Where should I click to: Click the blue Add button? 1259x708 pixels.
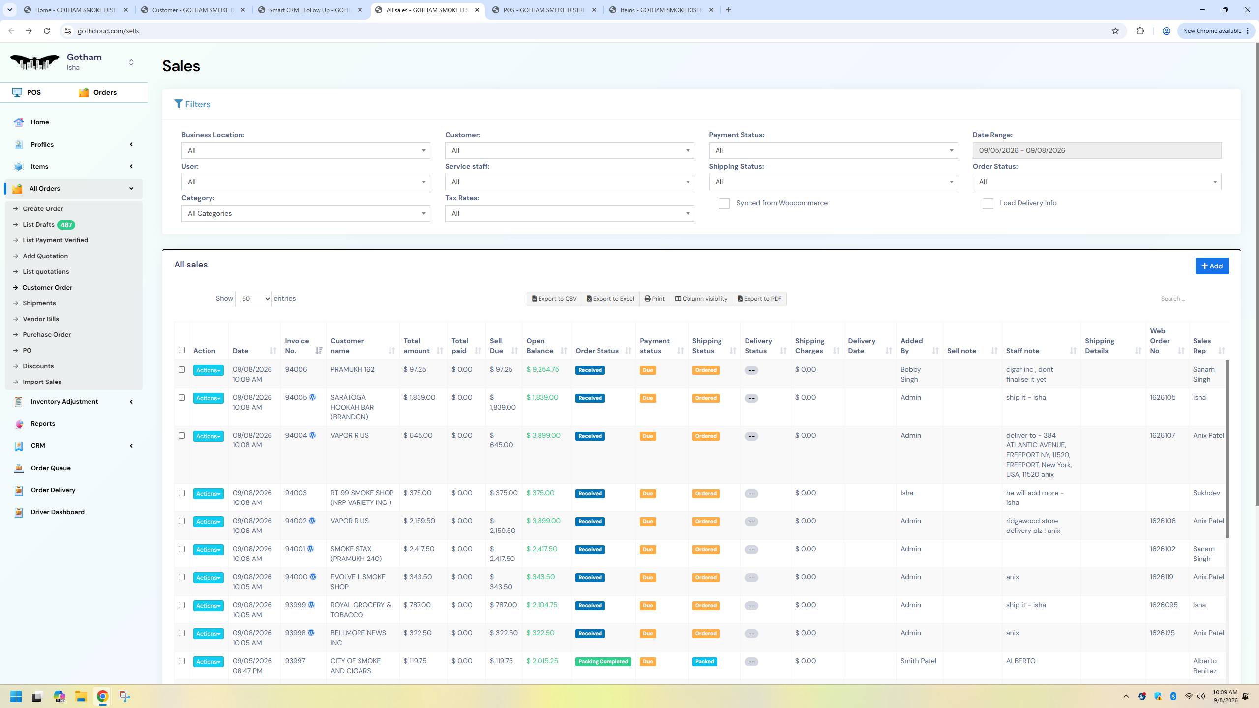click(1211, 266)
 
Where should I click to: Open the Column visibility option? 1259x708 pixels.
click(701, 299)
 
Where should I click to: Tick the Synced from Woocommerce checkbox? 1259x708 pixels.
click(724, 204)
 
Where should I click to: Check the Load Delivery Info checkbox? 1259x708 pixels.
click(988, 204)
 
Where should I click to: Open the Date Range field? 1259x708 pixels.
click(1096, 150)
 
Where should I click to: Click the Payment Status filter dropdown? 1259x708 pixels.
click(833, 150)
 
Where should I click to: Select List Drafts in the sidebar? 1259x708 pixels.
click(38, 225)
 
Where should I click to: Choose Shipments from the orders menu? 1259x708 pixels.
click(39, 303)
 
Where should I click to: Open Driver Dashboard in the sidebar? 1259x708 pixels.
click(58, 512)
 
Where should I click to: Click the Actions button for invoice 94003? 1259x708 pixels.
click(208, 494)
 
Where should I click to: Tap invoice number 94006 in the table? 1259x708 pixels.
click(296, 370)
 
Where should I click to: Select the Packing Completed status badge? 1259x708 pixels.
click(603, 662)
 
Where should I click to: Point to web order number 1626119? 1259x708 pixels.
click(1162, 577)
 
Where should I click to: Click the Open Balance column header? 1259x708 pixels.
click(540, 346)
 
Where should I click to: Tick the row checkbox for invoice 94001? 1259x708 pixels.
click(181, 549)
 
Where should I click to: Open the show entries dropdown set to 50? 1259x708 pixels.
click(253, 299)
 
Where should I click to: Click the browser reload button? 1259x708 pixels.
click(47, 31)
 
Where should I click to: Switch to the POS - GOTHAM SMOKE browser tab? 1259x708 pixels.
click(544, 10)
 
